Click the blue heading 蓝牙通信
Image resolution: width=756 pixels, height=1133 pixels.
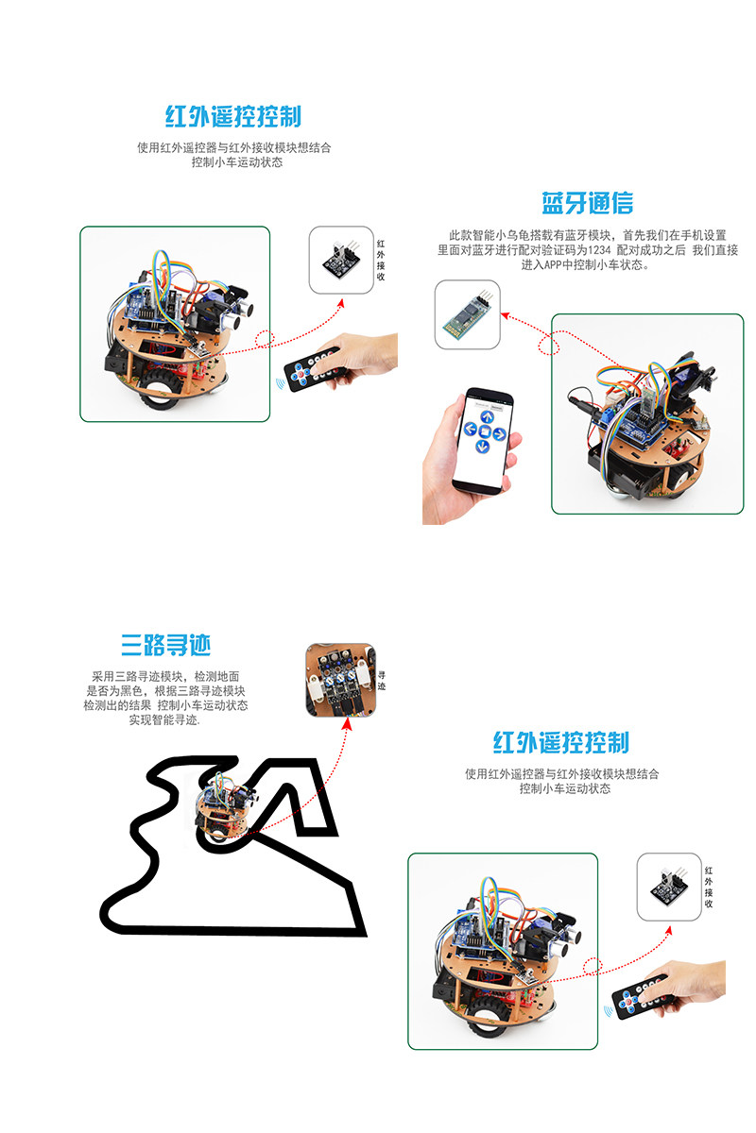pos(588,203)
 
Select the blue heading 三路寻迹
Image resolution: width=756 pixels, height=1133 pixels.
pos(165,645)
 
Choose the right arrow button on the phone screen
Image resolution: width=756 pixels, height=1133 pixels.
pos(499,434)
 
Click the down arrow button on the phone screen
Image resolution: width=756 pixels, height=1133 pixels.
pos(483,446)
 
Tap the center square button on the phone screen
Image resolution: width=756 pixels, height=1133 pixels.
pos(485,432)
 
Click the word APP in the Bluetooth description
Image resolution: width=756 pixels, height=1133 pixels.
pos(553,264)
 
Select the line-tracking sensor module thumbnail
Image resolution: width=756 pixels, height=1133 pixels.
pos(341,680)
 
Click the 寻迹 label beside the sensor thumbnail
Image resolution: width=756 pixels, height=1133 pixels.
pos(382,681)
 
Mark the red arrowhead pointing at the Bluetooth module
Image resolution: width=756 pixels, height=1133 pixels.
pos(505,315)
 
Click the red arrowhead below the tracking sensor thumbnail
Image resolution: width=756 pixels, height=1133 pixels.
pos(347,724)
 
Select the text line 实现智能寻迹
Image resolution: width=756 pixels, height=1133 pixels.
pos(164,719)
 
